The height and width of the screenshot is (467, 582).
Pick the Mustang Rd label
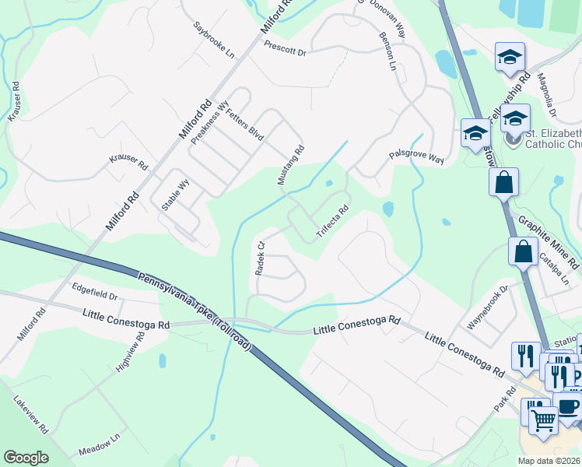[289, 165]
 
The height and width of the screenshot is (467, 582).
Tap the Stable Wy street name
[175, 195]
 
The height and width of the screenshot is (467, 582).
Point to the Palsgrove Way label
[416, 158]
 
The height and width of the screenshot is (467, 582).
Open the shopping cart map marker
[543, 420]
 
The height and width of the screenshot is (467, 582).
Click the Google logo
[26, 457]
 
